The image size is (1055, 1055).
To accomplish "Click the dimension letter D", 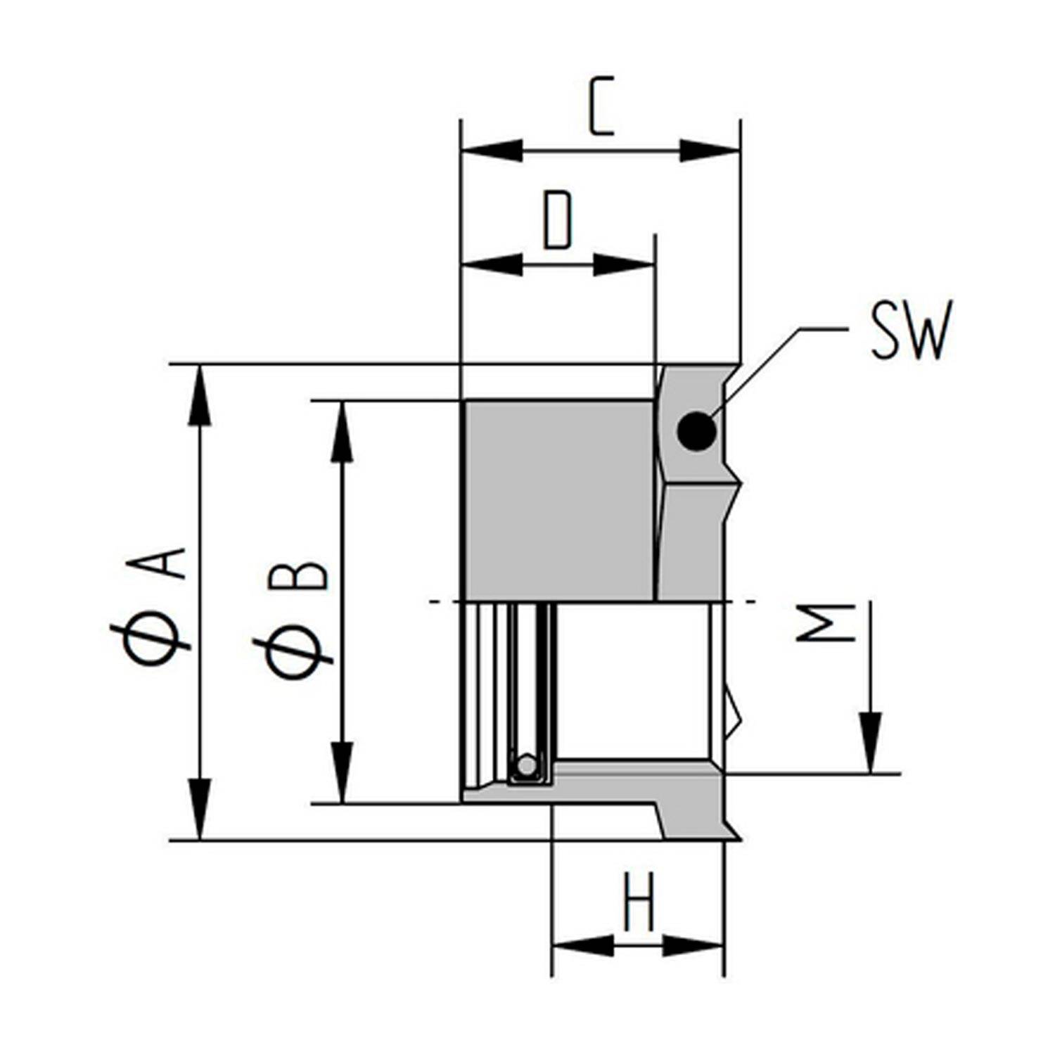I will point(558,220).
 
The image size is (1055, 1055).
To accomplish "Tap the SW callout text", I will point(910,330).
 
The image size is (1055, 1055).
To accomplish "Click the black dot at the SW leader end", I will point(696,430).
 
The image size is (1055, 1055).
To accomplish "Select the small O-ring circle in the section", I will point(525,766).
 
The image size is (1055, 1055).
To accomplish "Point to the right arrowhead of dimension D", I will point(625,265).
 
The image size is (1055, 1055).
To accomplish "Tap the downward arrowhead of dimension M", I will point(870,743).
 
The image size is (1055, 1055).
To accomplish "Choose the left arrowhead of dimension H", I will point(582,946).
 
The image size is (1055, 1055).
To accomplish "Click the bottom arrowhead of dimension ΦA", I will point(200,809).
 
